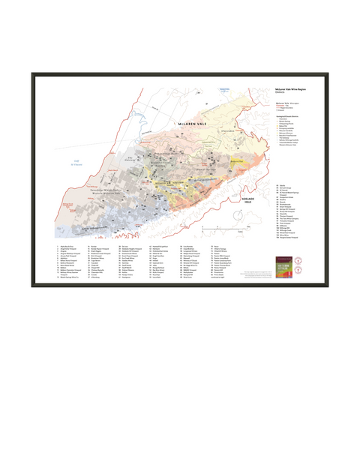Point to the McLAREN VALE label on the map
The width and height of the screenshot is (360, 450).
[196, 120]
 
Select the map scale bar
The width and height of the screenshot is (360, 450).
[237, 226]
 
